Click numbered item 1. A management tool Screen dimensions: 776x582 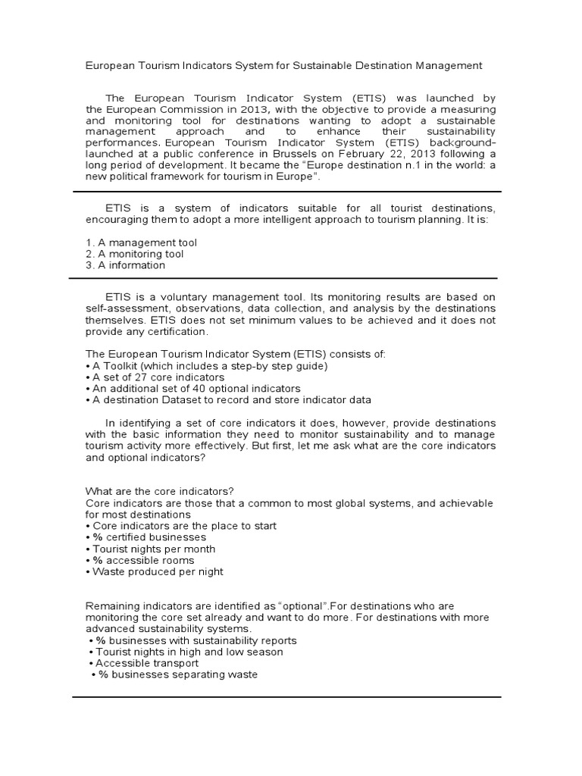click(x=141, y=242)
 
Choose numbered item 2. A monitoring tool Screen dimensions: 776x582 click(x=134, y=254)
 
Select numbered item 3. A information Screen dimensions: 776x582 click(x=125, y=265)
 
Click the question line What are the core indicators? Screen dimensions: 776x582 click(x=159, y=492)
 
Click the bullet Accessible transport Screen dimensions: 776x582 click(x=147, y=663)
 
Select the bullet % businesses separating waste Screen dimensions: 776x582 click(x=174, y=674)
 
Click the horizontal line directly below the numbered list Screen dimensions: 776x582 click(x=284, y=277)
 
